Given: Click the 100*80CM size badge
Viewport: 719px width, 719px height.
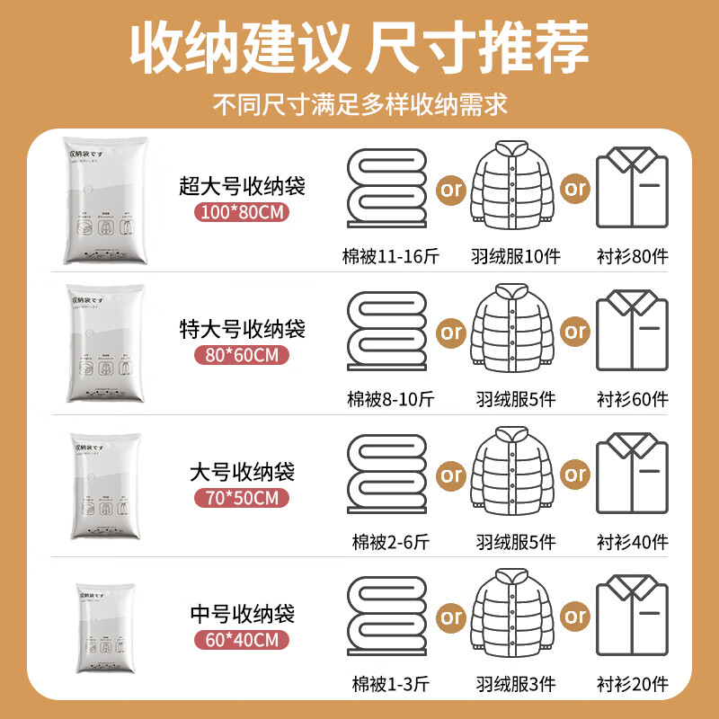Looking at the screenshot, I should (243, 213).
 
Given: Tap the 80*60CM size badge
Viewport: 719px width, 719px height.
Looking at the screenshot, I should (243, 355).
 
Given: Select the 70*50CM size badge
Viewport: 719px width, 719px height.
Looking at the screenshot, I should (243, 497).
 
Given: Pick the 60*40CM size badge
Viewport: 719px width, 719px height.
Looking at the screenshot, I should (243, 640).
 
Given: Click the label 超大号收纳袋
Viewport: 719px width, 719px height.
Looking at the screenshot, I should (243, 187).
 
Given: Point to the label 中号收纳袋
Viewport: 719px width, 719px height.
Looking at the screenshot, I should (243, 615).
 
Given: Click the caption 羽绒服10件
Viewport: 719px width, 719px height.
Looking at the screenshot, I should (515, 256).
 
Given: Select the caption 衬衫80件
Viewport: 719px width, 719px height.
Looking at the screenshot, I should (633, 256).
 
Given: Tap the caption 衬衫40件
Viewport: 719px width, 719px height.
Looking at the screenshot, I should (633, 541).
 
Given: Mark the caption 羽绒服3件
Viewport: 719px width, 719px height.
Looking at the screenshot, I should (515, 683).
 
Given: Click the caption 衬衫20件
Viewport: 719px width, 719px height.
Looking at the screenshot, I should (633, 683).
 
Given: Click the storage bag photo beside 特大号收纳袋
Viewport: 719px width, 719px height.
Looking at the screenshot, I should (105, 343).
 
